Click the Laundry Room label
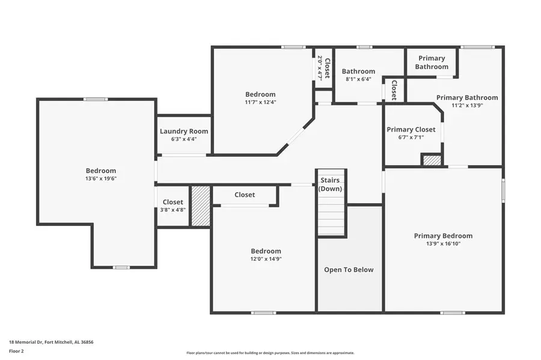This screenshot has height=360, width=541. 184,131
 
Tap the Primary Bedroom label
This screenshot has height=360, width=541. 443,236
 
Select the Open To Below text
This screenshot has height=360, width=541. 349,269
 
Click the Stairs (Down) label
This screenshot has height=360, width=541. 329,184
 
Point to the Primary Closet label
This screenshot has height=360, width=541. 411,129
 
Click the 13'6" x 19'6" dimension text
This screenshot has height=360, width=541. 100,178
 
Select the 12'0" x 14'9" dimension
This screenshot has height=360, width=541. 266,259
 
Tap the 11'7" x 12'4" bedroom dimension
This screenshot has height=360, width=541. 260,102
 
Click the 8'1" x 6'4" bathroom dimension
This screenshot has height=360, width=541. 358,79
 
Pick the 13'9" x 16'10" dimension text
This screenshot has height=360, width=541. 443,244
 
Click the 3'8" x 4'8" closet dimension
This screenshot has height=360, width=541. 173,210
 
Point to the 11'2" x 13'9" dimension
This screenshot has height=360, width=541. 467,105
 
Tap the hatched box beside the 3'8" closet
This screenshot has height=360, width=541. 201,206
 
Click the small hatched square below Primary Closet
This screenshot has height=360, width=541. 431,160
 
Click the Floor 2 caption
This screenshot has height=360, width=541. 16,350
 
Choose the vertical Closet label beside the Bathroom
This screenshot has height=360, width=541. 394,90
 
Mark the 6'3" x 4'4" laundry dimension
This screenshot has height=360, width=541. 184,139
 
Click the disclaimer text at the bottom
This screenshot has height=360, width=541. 270,353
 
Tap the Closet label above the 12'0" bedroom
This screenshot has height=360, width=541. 245,195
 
